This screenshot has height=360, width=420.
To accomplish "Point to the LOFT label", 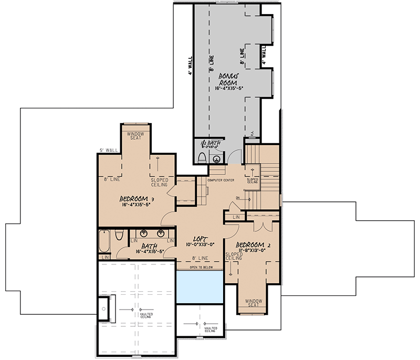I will (199, 237).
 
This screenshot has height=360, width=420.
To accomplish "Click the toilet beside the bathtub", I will (119, 235).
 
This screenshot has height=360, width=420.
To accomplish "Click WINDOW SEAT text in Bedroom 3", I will (137, 136).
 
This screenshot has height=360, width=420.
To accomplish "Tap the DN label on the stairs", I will (237, 198).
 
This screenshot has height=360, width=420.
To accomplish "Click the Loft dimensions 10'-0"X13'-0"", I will (199, 244).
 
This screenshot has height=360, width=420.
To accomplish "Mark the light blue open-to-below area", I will (199, 286).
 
